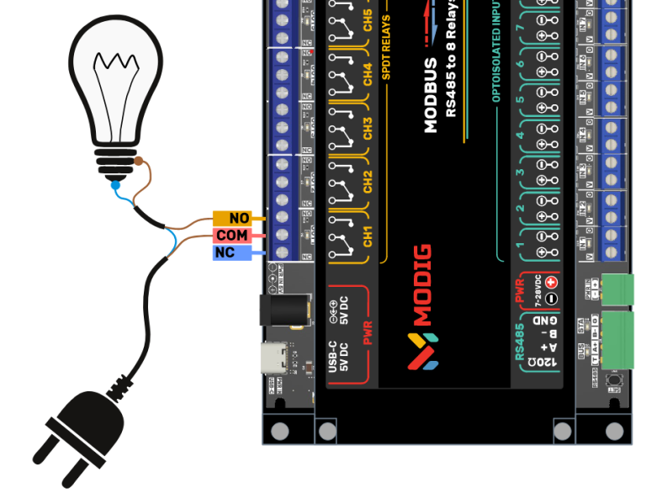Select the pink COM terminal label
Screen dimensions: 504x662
[236, 236]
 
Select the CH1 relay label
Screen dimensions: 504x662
[368, 236]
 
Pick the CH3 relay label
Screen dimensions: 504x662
[368, 128]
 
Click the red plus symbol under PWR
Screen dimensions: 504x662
[552, 283]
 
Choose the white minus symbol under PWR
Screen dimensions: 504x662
[552, 299]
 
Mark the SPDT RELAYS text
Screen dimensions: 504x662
[387, 46]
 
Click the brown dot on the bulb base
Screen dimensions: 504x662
[138, 161]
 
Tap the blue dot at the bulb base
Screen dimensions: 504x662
[114, 184]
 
